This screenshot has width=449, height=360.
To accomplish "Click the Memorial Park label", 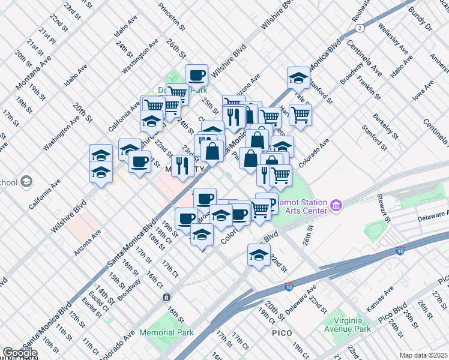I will (x=166, y=332).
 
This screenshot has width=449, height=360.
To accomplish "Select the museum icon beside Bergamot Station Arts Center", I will (x=336, y=206).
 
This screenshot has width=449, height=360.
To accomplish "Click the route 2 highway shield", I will (x=359, y=28).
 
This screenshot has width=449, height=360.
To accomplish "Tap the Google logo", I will (x=20, y=353).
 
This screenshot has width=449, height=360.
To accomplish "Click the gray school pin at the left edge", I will (x=26, y=181).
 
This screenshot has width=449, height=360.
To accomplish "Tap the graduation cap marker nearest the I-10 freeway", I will (x=259, y=255).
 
